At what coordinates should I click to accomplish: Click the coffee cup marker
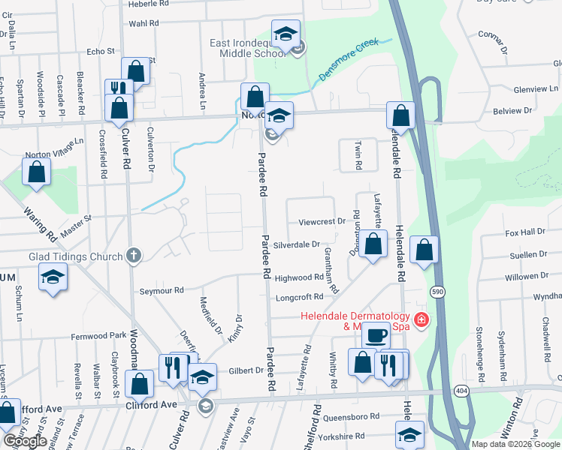click(376, 334)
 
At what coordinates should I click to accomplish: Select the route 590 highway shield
click(437, 291)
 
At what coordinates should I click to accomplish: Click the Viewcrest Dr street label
click(321, 222)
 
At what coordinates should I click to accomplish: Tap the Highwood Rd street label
click(298, 277)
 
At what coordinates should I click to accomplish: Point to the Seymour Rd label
click(162, 290)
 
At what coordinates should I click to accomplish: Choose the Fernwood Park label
click(99, 335)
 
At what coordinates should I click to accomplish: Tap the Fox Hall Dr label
click(524, 232)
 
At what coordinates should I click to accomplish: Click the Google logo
click(25, 441)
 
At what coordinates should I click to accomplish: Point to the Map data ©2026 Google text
click(515, 444)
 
